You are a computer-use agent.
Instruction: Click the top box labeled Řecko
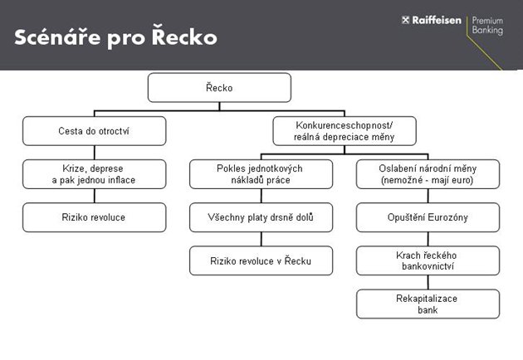point(219,87)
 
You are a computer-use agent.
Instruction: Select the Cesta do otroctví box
point(94,130)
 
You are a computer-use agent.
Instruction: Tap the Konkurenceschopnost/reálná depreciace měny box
point(345,130)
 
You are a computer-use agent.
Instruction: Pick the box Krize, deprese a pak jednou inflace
point(94,174)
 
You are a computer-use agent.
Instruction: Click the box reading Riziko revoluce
point(94,217)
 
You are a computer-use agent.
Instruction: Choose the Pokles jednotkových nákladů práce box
point(261,174)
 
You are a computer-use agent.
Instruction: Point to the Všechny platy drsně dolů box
point(261,217)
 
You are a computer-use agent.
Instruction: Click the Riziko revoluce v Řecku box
point(261,260)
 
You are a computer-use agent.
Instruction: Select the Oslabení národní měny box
point(428,174)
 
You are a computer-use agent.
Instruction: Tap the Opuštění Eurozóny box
point(428,217)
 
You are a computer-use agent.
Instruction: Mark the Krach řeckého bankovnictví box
point(428,260)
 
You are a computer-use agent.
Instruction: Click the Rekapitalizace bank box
point(428,304)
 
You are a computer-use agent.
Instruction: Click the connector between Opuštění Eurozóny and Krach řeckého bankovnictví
point(428,239)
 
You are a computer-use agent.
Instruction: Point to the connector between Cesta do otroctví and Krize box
point(94,153)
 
